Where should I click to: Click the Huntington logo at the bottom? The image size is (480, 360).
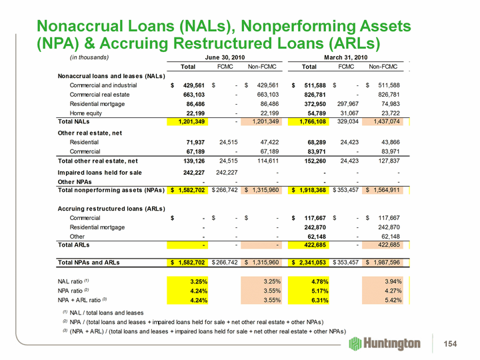(385, 343)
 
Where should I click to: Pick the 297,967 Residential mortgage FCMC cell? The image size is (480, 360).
(348, 104)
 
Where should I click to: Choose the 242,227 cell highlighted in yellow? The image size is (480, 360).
(187, 171)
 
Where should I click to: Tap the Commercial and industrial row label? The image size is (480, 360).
(103, 85)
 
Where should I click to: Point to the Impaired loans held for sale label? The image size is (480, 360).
(101, 171)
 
